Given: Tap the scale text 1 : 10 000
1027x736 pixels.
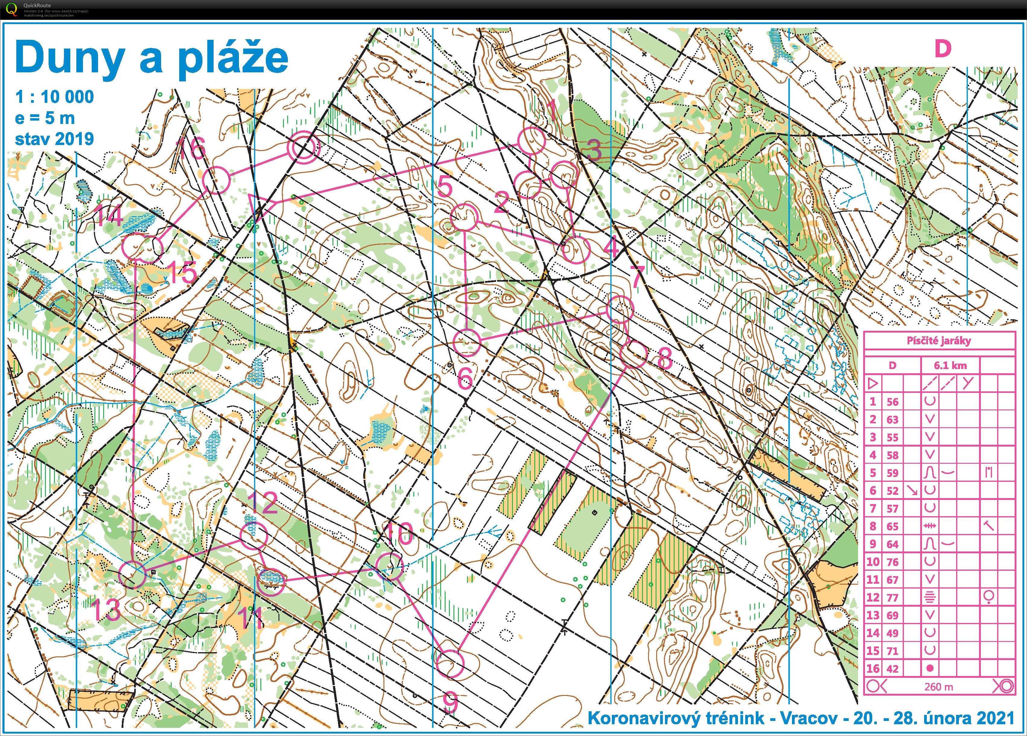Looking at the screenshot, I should tap(55, 97).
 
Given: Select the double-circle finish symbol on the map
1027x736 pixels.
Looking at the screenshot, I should tap(303, 147).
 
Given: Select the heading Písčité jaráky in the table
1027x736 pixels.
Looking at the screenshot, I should tap(939, 341).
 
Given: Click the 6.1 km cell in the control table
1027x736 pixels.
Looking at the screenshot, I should tap(950, 365).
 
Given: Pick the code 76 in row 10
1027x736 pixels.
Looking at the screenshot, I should tap(892, 562).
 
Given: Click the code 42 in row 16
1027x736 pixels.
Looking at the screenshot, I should tap(892, 668).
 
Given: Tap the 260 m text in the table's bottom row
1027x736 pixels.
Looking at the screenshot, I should tap(939, 687).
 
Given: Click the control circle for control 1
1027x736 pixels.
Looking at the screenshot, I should tap(532, 141).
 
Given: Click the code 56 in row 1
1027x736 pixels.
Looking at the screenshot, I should tap(892, 402).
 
